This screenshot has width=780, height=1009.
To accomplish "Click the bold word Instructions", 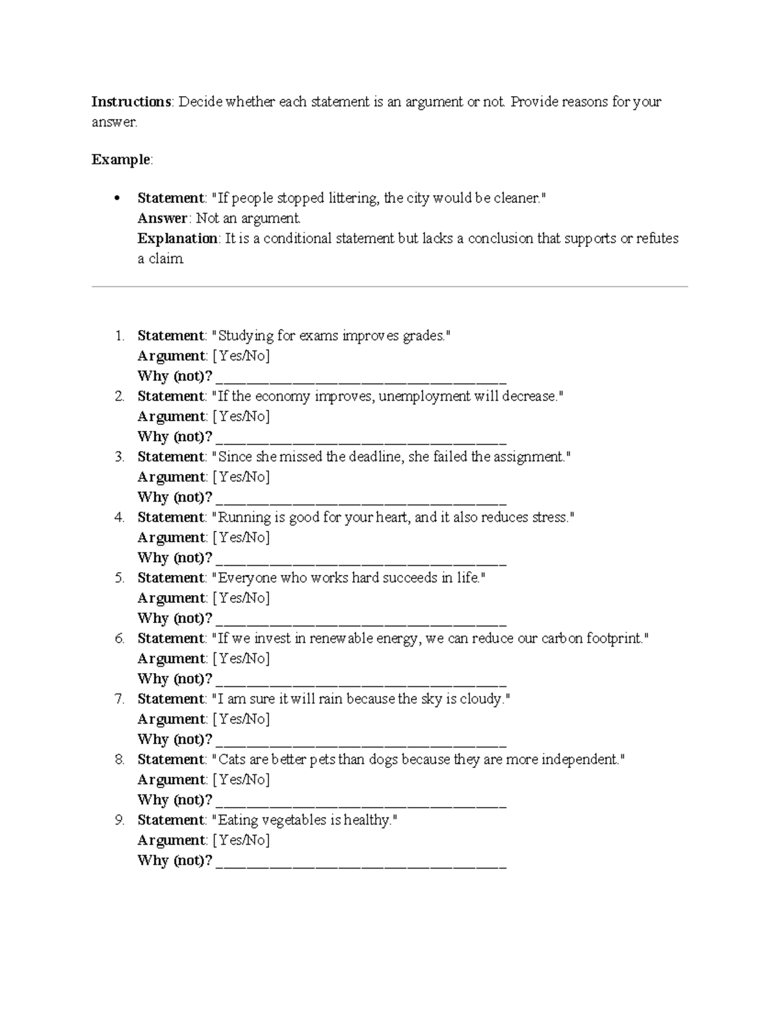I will (x=131, y=102).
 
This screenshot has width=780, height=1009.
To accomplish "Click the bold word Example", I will (x=121, y=160).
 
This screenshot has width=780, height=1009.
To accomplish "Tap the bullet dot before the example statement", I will (x=117, y=198).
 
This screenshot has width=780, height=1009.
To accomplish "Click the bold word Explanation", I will (x=177, y=238).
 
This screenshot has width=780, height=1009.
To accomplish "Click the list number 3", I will (x=120, y=457).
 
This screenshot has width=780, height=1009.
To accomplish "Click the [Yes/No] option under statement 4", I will (x=241, y=537).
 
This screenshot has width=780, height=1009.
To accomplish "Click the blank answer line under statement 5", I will (x=361, y=619).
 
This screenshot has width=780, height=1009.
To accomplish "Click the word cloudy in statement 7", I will (x=482, y=699).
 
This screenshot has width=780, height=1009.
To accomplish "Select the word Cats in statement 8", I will (x=232, y=760).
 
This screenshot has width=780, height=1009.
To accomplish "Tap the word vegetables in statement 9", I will (x=292, y=820).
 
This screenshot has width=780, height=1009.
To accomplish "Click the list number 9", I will (x=120, y=820).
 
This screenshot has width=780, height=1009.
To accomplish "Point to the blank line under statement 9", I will (x=361, y=862).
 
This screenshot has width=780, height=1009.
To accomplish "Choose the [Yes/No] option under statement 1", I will (x=241, y=356).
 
